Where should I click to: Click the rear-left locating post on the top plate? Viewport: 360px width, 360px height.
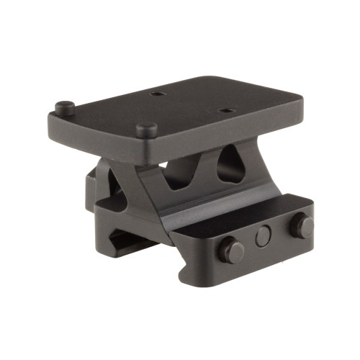(x=63, y=107)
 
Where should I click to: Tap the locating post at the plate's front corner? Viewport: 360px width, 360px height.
(x=147, y=130)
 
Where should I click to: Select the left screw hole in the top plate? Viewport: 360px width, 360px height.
(x=156, y=94)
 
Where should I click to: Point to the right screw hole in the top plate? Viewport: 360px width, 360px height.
(x=225, y=111)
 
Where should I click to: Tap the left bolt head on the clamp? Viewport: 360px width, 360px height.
(x=232, y=251)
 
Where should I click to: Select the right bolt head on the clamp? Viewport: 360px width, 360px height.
(x=302, y=226)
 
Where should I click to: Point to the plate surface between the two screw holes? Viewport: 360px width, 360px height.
(x=191, y=102)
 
